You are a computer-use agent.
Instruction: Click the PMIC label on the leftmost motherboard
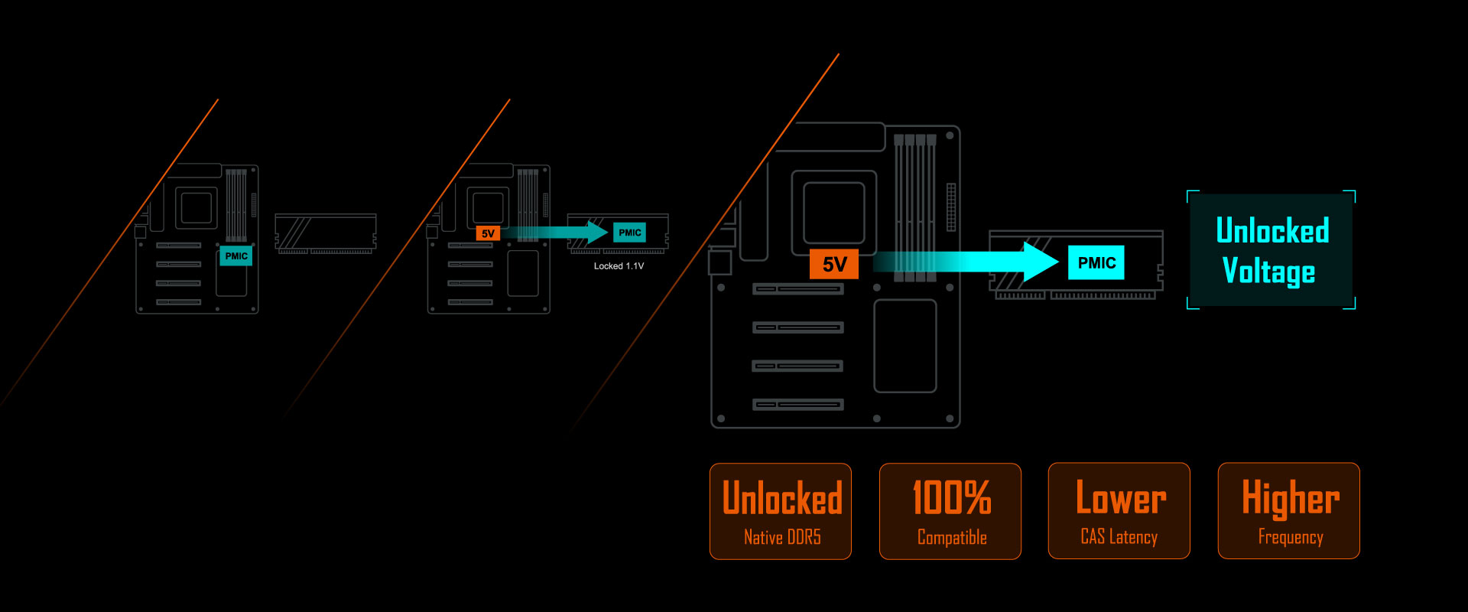(236, 256)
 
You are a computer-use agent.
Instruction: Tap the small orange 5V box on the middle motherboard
(488, 233)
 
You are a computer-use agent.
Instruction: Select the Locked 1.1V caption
(619, 266)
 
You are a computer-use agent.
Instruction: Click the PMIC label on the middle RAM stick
(630, 233)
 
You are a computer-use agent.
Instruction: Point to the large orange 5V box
(834, 264)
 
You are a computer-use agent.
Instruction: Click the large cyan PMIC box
(1096, 262)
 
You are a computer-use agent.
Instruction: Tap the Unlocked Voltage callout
(1272, 250)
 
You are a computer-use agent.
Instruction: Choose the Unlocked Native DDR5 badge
(781, 511)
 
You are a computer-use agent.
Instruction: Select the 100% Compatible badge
(950, 511)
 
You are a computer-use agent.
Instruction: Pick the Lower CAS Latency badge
(1119, 511)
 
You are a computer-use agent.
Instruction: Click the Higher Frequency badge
(1289, 511)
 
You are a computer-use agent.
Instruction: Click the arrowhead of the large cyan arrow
(1040, 262)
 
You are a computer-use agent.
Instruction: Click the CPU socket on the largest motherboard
(834, 213)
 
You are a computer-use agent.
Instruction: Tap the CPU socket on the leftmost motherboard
(196, 208)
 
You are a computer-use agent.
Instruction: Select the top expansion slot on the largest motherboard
(797, 289)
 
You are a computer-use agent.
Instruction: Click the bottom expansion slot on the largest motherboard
(797, 404)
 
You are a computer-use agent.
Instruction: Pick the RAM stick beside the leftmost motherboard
(326, 233)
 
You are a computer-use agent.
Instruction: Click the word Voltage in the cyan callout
(1269, 272)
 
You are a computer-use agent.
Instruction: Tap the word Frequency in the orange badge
(1291, 537)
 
